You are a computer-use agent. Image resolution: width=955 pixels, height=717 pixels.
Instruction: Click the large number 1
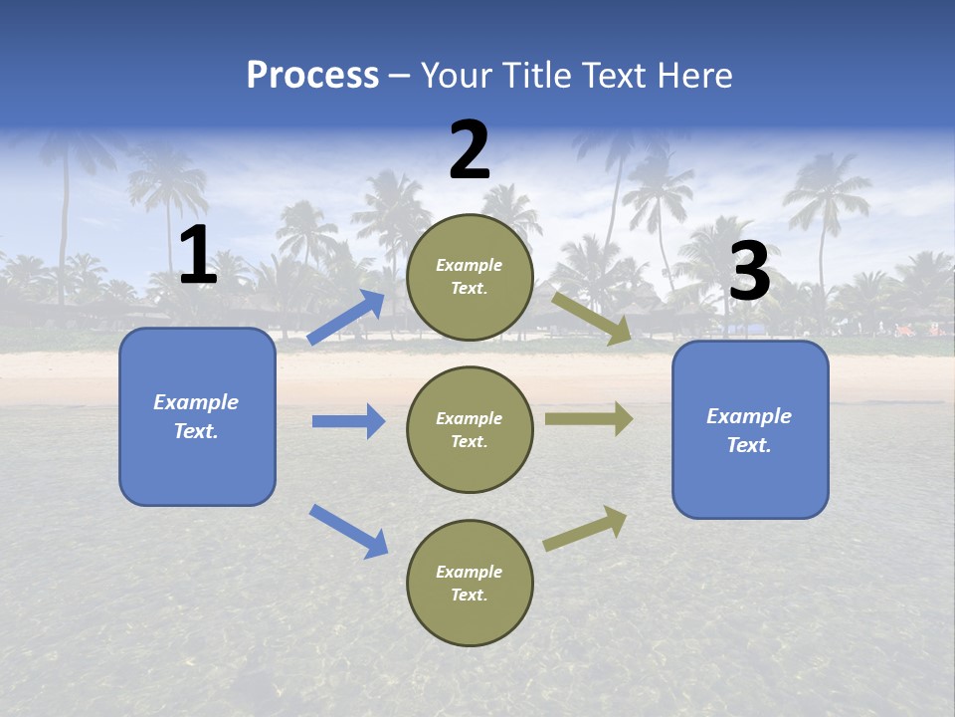(198, 256)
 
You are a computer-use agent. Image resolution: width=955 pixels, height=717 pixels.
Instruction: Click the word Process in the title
(312, 75)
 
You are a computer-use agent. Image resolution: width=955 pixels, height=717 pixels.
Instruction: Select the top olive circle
(470, 277)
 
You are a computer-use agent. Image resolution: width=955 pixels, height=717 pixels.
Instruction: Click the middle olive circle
(470, 429)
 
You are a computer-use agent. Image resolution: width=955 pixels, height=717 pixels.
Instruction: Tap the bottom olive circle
(470, 583)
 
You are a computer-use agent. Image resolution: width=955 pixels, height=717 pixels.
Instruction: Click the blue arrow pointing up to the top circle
(346, 317)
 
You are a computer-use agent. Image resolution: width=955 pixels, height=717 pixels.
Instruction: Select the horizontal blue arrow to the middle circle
(348, 421)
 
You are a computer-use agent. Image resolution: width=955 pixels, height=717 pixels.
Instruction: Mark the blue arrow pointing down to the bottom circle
(348, 531)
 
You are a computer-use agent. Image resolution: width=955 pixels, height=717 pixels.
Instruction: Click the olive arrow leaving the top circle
(592, 318)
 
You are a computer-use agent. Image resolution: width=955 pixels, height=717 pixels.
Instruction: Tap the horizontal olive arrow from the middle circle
(589, 418)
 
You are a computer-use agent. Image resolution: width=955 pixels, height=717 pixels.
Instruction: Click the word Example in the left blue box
(196, 402)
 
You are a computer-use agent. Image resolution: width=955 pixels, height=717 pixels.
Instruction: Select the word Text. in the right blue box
(749, 445)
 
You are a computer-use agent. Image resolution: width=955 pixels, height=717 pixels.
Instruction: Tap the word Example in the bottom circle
(470, 572)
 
